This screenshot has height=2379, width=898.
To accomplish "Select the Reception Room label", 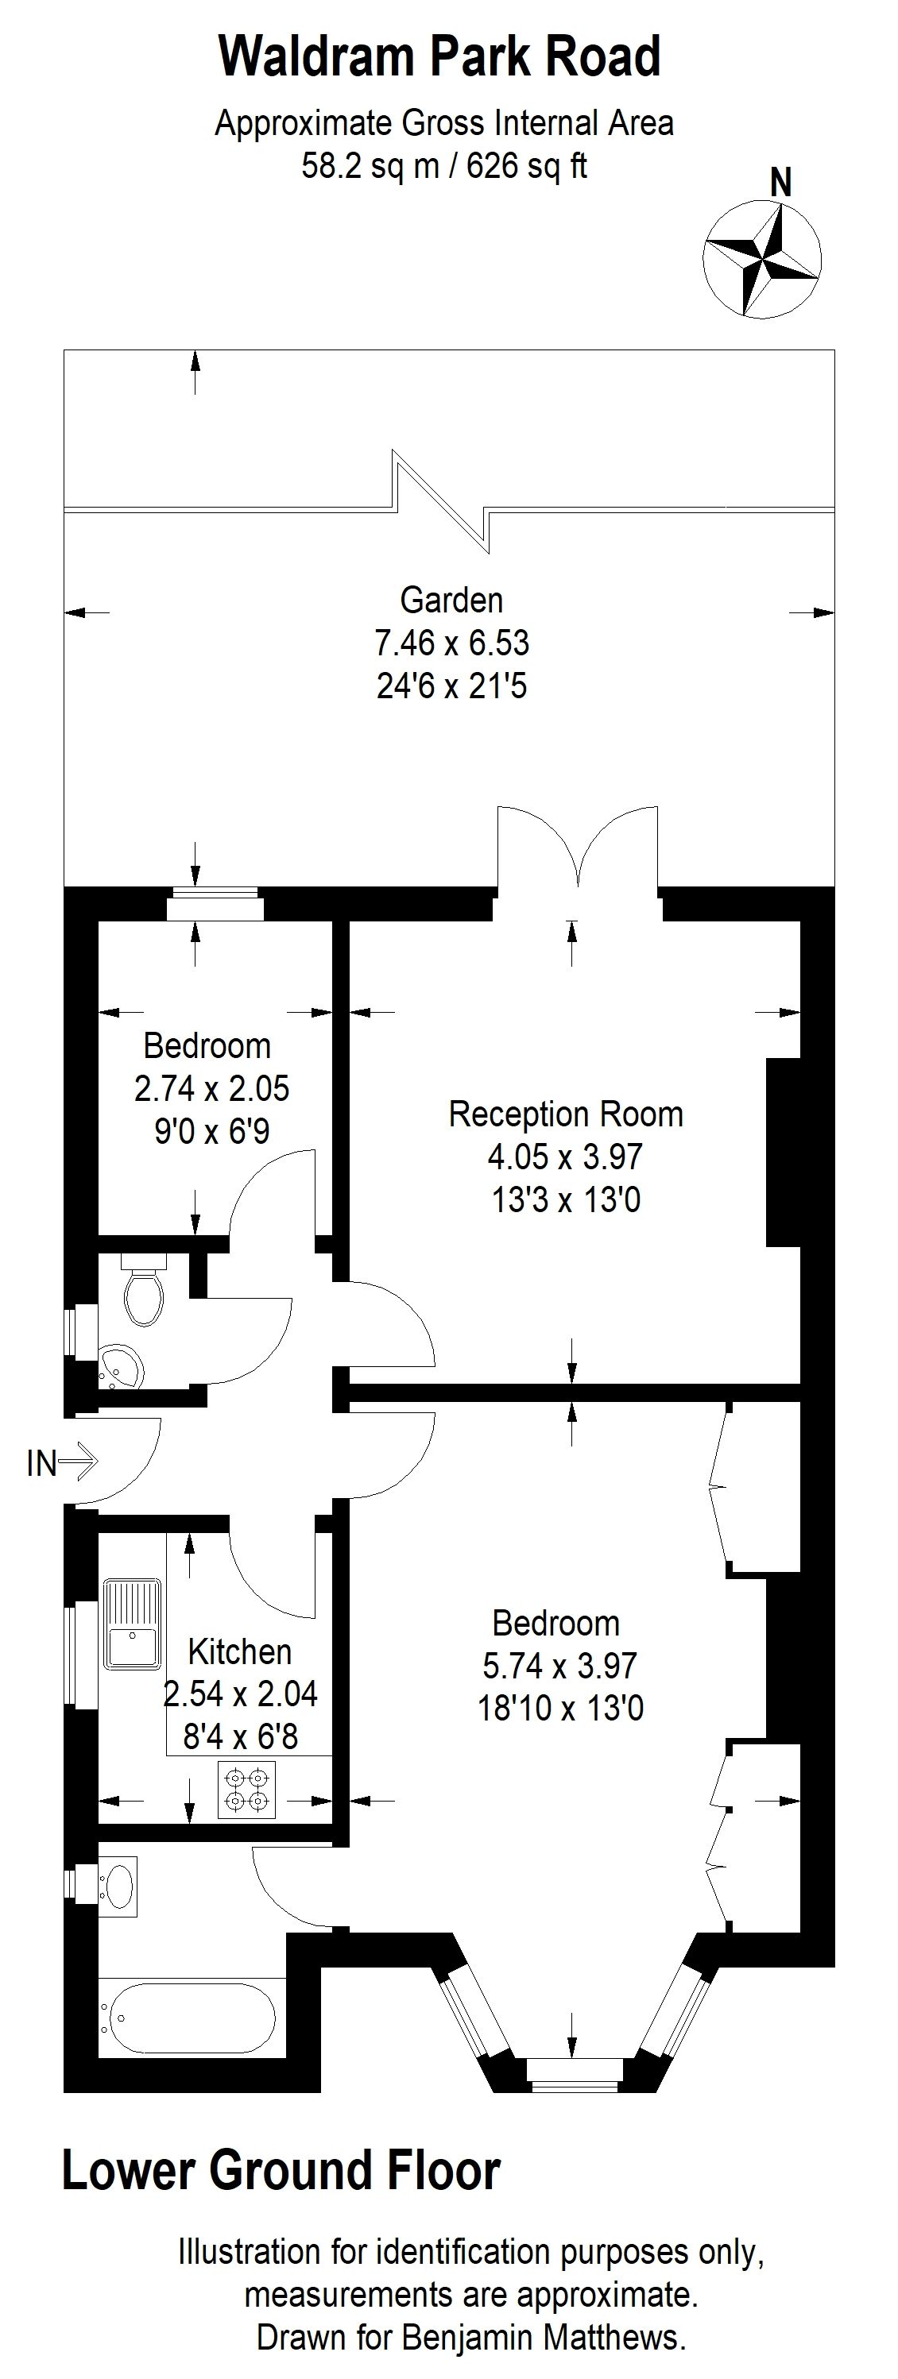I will [565, 1114].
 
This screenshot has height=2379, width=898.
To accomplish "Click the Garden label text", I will [451, 601].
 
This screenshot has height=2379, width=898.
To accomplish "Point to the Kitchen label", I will [239, 1651].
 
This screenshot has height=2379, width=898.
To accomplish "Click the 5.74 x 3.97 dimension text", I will [560, 1665].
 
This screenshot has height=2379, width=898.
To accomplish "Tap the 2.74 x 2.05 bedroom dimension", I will [211, 1089].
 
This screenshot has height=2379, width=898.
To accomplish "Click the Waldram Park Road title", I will [439, 56].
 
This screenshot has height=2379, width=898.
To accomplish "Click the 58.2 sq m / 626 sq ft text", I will [444, 166].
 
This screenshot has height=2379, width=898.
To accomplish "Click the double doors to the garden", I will [579, 850].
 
